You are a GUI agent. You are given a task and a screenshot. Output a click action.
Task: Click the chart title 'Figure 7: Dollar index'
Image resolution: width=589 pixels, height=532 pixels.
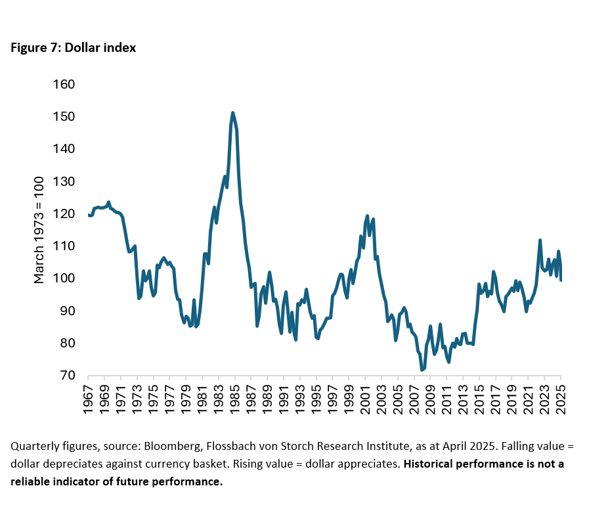tap(73, 48)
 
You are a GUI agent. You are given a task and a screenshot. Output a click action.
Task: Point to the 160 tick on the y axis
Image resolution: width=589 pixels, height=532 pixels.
tap(66, 85)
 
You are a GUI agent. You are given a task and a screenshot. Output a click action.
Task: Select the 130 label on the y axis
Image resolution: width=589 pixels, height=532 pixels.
tap(66, 181)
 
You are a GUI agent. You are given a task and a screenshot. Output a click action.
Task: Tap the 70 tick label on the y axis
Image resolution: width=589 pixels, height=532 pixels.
tap(69, 376)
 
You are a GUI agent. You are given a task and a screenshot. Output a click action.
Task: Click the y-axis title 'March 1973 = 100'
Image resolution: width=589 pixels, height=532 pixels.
tap(40, 230)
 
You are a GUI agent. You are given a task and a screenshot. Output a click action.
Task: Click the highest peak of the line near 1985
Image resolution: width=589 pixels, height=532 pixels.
tap(232, 113)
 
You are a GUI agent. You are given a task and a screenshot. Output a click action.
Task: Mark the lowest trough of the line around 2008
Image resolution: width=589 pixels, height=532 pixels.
tap(422, 370)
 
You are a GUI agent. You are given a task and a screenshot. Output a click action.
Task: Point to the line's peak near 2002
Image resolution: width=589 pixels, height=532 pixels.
tap(367, 215)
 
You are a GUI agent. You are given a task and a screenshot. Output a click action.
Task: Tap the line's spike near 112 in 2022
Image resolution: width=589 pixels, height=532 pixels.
tap(539, 240)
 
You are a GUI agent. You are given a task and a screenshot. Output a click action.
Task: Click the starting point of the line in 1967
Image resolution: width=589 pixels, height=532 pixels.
tap(89, 215)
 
